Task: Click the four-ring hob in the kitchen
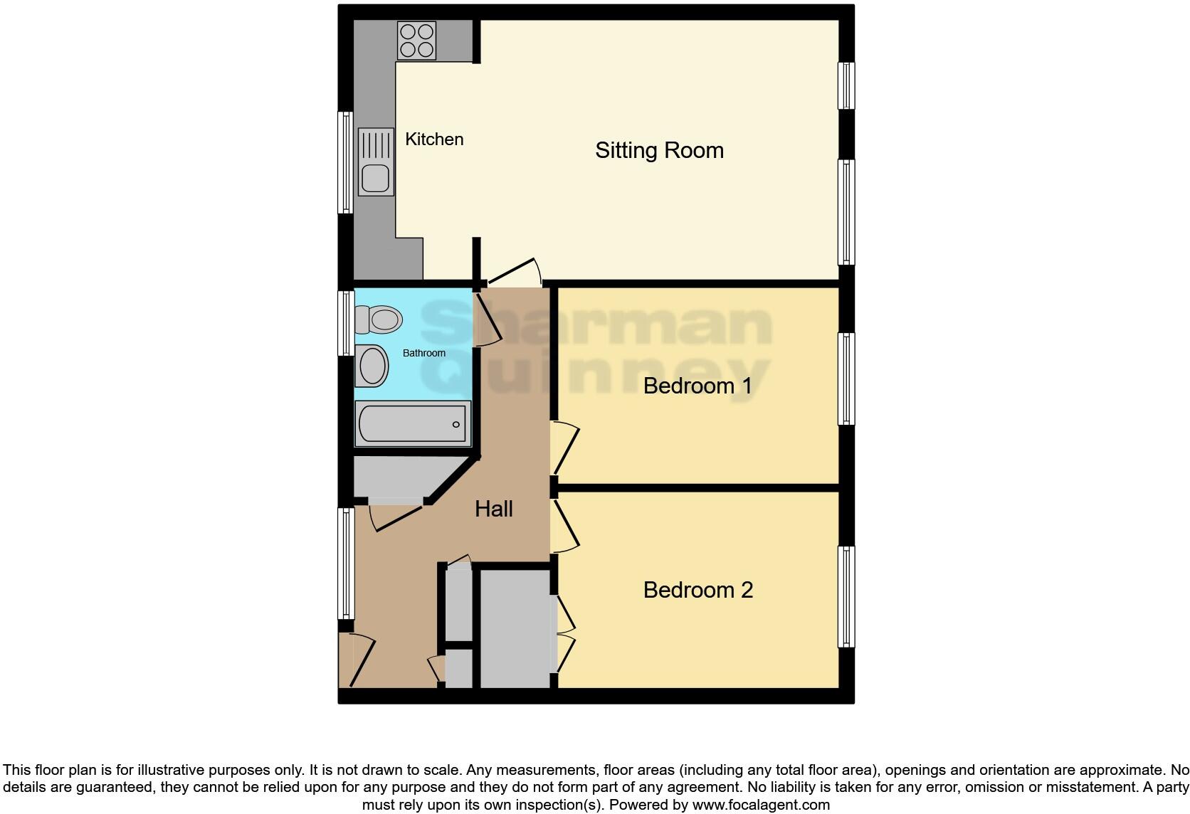click(416, 41)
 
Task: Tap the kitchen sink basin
click(375, 178)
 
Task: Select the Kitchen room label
click(434, 139)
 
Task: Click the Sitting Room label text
click(659, 150)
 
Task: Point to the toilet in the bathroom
click(379, 319)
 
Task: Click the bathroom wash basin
click(372, 366)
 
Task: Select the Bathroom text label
click(424, 353)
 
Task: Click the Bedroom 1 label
click(697, 386)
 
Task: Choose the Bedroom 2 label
click(697, 590)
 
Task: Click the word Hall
click(494, 509)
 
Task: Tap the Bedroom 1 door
click(564, 449)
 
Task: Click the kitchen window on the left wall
click(345, 162)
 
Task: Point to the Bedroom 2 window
click(846, 596)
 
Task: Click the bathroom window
click(345, 322)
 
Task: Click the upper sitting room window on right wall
click(846, 85)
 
